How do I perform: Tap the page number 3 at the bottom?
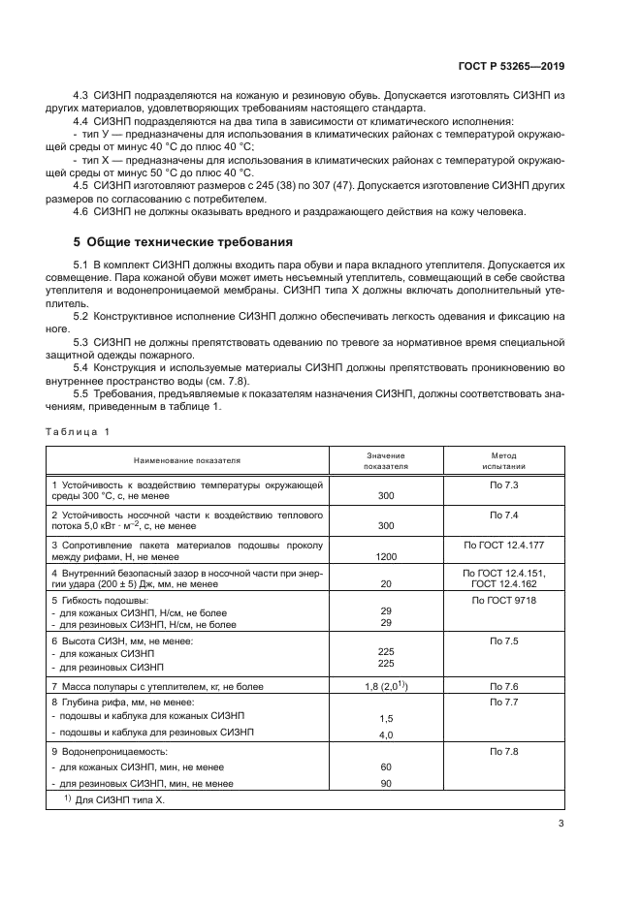[x=561, y=824]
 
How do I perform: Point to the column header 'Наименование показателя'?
[x=187, y=461]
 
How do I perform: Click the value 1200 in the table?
[x=385, y=558]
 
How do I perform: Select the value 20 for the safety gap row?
[x=385, y=585]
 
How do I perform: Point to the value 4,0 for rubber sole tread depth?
[x=385, y=734]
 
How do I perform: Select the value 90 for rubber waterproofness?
[x=385, y=783]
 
